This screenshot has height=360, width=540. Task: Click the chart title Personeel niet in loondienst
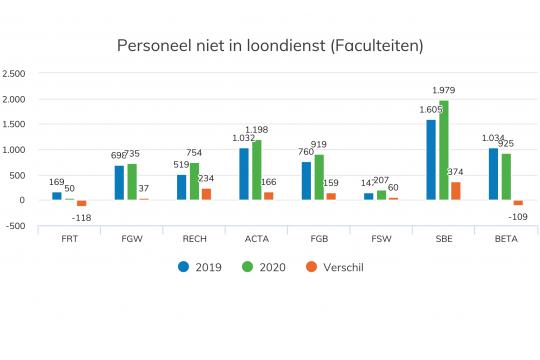[270, 46]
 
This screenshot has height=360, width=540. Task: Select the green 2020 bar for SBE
[444, 150]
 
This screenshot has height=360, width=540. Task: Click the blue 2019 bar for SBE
[431, 159]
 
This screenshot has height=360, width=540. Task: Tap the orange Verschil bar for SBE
[456, 190]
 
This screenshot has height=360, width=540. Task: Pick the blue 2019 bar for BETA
[493, 174]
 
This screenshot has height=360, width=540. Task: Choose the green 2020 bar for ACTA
[257, 170]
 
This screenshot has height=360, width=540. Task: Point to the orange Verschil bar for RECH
[206, 194]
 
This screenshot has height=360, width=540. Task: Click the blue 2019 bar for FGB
[307, 181]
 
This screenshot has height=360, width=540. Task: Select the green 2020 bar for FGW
[132, 181]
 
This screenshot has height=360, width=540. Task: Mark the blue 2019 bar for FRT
[57, 196]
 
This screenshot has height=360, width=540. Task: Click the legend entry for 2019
[200, 266]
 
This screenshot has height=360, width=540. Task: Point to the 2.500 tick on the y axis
[15, 74]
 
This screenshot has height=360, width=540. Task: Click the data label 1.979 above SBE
[445, 91]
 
